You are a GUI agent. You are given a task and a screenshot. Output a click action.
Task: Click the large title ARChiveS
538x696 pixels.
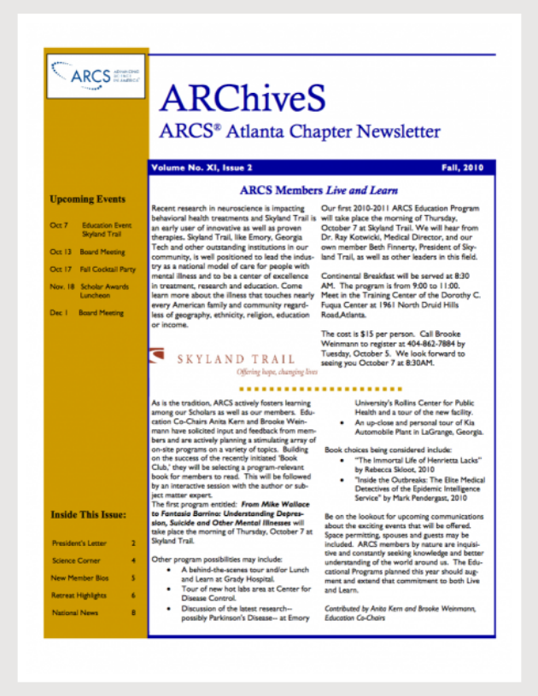pyautogui.click(x=242, y=100)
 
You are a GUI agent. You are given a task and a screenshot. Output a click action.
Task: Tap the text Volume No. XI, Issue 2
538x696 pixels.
pyautogui.click(x=202, y=170)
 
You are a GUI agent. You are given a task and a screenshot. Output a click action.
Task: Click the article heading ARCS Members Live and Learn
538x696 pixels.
pyautogui.click(x=319, y=191)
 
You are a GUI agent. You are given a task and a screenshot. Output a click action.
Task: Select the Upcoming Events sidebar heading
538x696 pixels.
pyautogui.click(x=88, y=200)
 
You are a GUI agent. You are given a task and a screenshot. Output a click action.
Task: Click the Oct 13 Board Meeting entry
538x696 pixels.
pyautogui.click(x=87, y=252)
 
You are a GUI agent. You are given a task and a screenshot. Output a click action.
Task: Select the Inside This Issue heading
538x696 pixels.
pyautogui.click(x=89, y=515)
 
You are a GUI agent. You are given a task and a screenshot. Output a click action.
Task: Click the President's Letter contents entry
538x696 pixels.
pyautogui.click(x=81, y=542)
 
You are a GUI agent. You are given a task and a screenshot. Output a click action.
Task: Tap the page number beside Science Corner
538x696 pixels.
pyautogui.click(x=133, y=560)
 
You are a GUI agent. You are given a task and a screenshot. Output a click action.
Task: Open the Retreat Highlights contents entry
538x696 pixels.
pyautogui.click(x=81, y=594)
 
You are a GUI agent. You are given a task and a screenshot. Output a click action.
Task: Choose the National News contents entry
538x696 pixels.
pyautogui.click(x=76, y=612)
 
